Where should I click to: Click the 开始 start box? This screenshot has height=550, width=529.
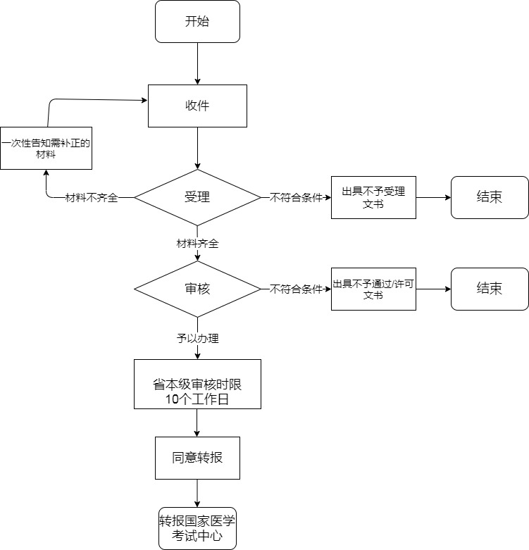click(197, 21)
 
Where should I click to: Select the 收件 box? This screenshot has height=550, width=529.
click(197, 106)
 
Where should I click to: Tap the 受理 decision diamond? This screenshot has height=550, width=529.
click(197, 197)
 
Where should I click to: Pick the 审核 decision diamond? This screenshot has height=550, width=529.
click(197, 289)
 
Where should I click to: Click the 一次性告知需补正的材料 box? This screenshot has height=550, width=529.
click(46, 148)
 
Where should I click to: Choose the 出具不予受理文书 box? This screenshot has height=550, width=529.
click(373, 197)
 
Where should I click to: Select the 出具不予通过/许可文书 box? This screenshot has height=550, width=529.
click(373, 289)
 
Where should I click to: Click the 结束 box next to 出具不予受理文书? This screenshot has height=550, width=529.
click(490, 197)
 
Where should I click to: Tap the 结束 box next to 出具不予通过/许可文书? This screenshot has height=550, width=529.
click(490, 289)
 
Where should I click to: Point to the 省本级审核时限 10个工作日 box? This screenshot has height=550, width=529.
click(197, 384)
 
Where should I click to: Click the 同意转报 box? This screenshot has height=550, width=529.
click(197, 458)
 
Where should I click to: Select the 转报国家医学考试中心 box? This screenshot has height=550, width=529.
click(197, 528)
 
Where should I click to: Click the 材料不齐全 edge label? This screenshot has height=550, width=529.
click(92, 198)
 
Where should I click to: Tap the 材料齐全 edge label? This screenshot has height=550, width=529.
click(197, 244)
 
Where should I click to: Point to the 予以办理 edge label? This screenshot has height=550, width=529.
click(197, 339)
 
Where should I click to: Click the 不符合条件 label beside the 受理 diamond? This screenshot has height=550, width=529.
click(296, 198)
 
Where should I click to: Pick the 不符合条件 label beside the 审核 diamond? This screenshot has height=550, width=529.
click(296, 289)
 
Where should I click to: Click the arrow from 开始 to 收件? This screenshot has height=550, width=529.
click(197, 63)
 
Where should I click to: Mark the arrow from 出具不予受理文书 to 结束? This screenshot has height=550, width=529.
click(433, 197)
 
